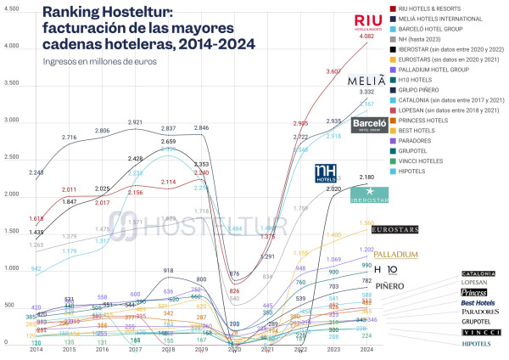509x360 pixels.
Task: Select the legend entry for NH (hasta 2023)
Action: tap(433, 39)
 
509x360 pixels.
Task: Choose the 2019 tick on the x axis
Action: tap(201, 349)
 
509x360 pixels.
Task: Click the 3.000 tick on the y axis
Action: tap(12, 120)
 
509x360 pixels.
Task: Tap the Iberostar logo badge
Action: tap(370, 194)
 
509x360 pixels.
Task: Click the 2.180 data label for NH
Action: tap(366, 177)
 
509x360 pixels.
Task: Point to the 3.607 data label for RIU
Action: tap(333, 71)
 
